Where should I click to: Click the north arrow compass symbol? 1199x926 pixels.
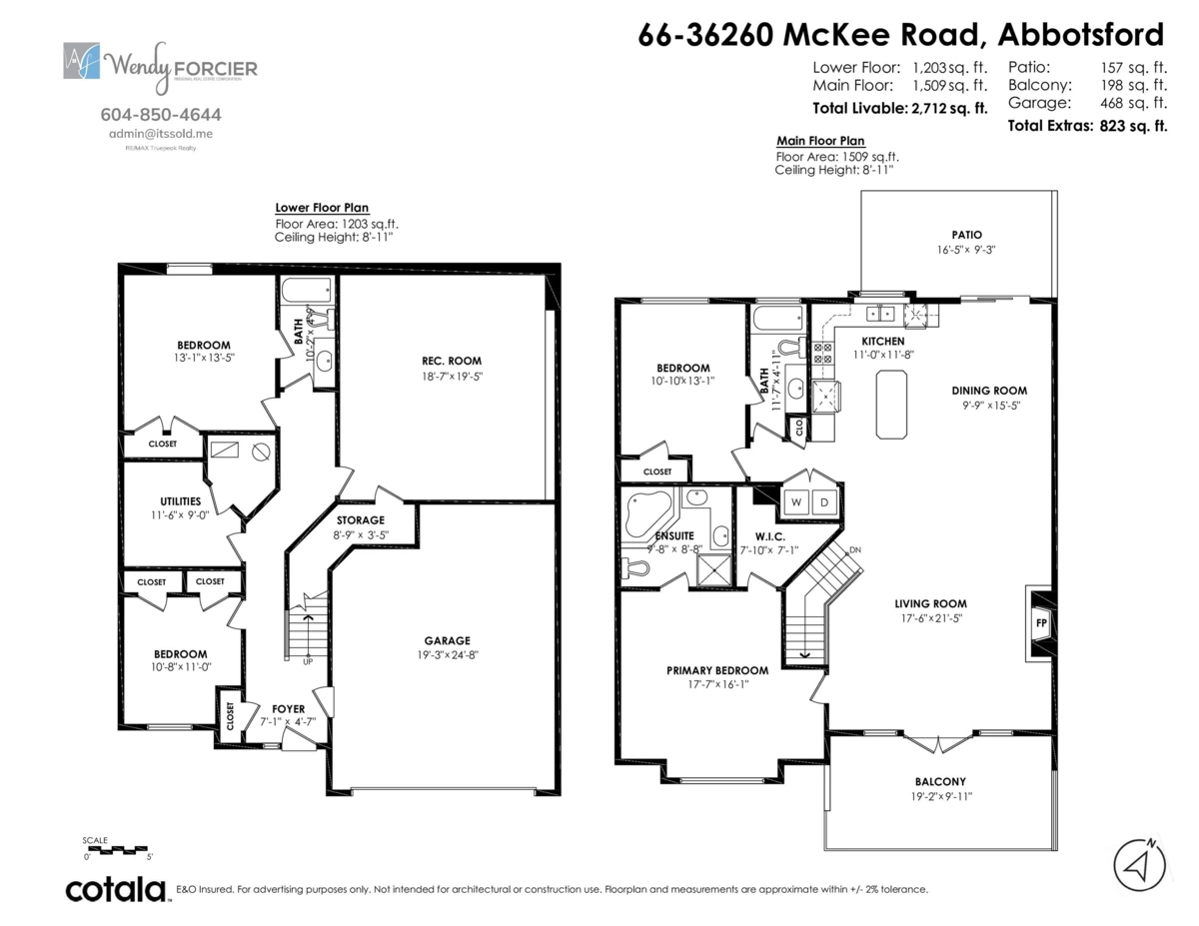pyautogui.click(x=1140, y=865)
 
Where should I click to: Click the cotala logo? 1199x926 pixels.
pyautogui.click(x=116, y=889)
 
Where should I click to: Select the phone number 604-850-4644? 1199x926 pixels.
pyautogui.click(x=162, y=115)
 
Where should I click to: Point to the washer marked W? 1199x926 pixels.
pyautogui.click(x=797, y=501)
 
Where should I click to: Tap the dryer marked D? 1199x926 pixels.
pyautogui.click(x=825, y=501)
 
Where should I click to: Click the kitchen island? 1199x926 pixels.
pyautogui.click(x=891, y=404)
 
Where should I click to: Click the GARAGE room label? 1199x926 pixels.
pyautogui.click(x=446, y=640)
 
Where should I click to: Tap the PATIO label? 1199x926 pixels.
pyautogui.click(x=952, y=235)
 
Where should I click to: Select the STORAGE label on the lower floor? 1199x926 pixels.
pyautogui.click(x=360, y=520)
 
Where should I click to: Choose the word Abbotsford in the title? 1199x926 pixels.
pyautogui.click(x=1083, y=35)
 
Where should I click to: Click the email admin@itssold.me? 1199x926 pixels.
pyautogui.click(x=161, y=133)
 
